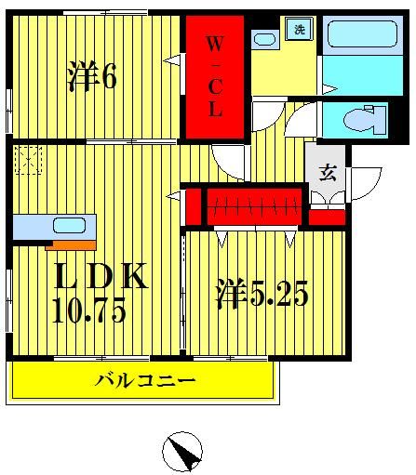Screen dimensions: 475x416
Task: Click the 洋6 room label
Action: click(91, 77)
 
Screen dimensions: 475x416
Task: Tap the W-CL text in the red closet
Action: click(214, 76)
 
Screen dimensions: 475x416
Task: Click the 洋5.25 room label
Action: click(262, 297)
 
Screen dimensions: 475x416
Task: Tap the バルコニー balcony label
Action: click(145, 379)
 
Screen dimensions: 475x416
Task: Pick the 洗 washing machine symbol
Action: click(300, 30)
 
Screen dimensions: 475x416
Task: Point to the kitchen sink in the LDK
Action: click(68, 225)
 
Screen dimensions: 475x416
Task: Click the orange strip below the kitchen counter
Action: click(69, 245)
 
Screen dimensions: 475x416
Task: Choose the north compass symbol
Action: click(183, 454)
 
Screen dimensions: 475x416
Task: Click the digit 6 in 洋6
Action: click(108, 77)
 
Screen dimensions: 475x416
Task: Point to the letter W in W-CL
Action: click(214, 44)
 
